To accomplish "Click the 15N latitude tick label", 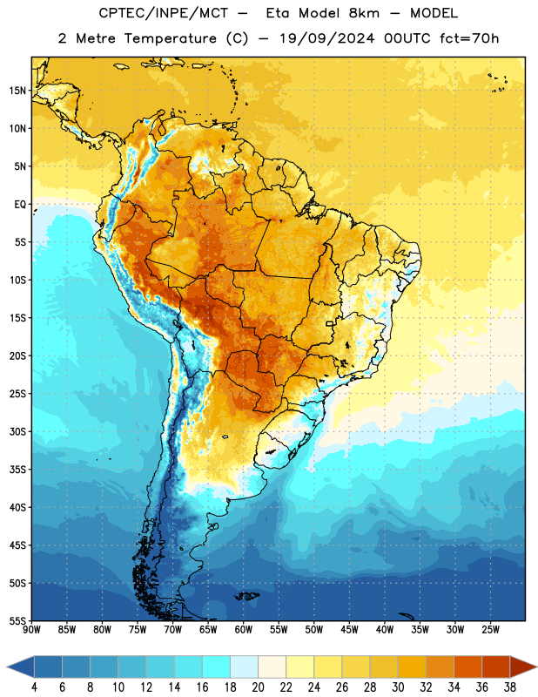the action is [17, 91].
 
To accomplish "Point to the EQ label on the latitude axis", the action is [20, 205].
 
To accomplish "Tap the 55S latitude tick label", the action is [17, 620].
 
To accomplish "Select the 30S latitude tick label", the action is [17, 431].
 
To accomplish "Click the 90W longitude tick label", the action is [31, 629].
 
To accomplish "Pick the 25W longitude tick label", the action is [490, 629].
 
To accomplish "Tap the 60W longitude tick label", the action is [244, 629].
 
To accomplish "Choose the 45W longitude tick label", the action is [349, 629].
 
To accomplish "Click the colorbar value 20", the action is [258, 687].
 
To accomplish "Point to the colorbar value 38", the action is [510, 687].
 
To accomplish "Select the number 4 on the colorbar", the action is [34, 687].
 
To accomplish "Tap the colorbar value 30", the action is [398, 687].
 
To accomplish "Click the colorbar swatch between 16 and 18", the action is [217, 667].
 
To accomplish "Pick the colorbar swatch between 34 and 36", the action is [467, 667].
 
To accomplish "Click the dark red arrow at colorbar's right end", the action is [523, 667].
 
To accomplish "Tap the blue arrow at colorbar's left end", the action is [20, 667].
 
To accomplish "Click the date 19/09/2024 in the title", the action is [327, 38].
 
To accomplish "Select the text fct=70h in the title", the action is [469, 38].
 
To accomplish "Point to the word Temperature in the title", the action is [170, 38].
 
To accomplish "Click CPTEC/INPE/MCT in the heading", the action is [164, 13].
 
